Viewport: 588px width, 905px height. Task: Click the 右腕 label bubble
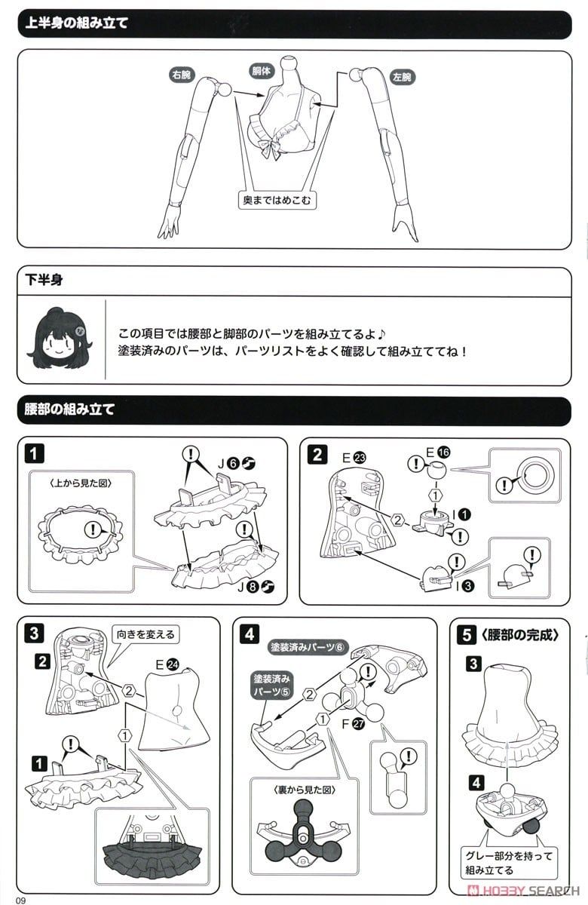[182, 75]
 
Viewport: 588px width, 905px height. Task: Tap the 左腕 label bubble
[403, 77]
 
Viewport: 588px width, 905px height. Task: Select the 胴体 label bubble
[262, 71]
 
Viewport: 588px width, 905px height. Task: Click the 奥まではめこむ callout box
[277, 200]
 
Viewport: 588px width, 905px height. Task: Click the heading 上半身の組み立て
[76, 23]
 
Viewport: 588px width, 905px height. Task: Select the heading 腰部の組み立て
[69, 410]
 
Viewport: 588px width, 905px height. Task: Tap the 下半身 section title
[44, 280]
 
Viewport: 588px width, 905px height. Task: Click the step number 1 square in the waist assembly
[34, 454]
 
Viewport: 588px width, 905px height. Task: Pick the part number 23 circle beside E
[359, 457]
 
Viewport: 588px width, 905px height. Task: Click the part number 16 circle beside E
[443, 452]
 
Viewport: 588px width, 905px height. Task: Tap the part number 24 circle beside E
[173, 664]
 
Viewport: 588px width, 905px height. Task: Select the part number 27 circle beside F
[358, 724]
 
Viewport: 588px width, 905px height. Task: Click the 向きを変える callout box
[145, 634]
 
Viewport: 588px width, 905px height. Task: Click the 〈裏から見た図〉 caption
[305, 790]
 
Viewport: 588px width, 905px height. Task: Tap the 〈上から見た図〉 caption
[81, 483]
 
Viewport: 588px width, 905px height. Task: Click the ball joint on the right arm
[225, 89]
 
